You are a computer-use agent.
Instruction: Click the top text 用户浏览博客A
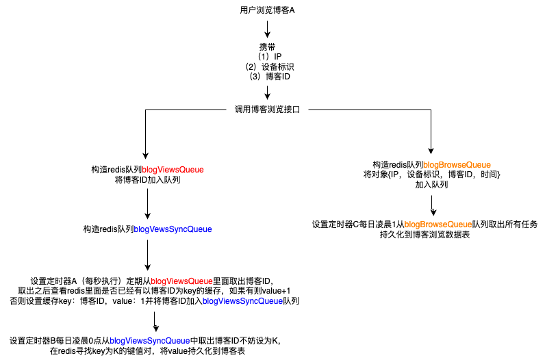point(268,10)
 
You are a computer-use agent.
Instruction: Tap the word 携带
point(267,47)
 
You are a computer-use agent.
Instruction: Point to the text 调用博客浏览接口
point(268,110)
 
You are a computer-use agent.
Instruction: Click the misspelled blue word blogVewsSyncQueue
point(173,229)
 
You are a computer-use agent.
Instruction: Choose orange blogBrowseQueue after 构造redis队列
point(457,164)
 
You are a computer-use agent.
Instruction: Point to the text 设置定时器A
point(54,281)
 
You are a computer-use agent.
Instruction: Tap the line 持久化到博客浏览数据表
point(424,235)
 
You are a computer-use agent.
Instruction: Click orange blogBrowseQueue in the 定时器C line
point(438,224)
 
